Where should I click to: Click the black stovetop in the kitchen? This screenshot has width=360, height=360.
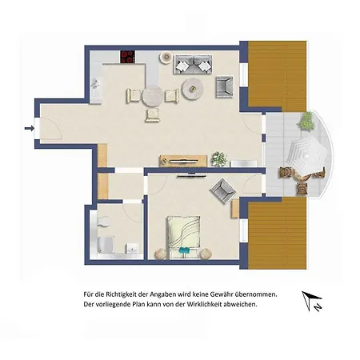[x=128, y=57]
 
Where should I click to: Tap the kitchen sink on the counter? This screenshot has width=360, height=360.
[x=96, y=83]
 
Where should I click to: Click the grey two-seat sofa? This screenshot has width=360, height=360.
[x=193, y=64]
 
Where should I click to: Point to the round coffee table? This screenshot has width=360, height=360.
[x=193, y=88]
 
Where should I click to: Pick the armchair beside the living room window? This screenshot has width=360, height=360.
[x=224, y=86]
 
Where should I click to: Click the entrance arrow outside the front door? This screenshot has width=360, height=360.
[x=30, y=129]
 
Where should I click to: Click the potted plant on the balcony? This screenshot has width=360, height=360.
[x=307, y=122]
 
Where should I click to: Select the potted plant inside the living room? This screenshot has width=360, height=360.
[x=219, y=158]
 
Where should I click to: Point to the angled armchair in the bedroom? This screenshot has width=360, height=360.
[x=223, y=190]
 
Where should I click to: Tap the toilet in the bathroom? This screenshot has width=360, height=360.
[x=103, y=221]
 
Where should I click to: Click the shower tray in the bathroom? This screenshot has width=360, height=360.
[x=106, y=245]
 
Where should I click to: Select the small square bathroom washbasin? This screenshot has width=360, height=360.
[x=133, y=248]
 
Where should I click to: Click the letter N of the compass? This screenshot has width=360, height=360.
[x=318, y=307]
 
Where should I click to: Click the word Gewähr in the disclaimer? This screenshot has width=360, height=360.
[x=222, y=294]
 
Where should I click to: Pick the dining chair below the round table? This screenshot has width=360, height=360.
[x=153, y=115]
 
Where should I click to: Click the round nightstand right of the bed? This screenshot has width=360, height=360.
[x=206, y=254]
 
